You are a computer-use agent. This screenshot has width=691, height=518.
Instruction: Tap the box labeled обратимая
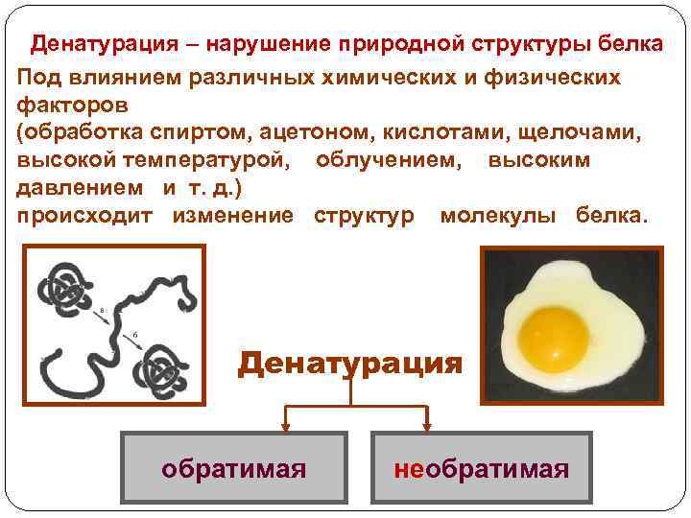[x=234, y=469]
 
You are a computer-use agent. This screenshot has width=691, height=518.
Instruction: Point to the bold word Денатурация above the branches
[x=350, y=364]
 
